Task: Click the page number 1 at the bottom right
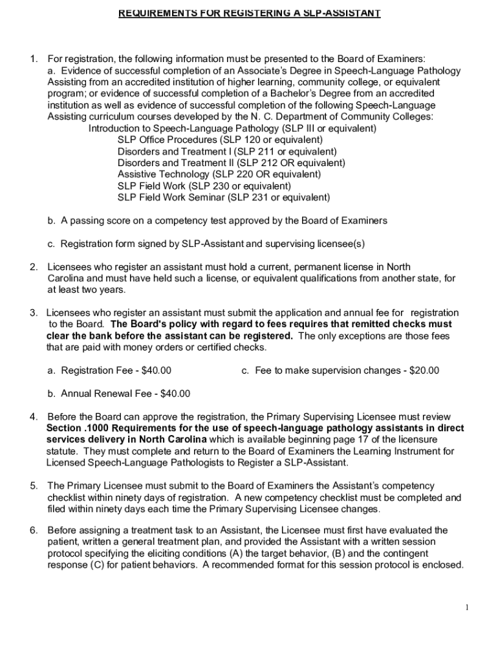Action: pos(467,607)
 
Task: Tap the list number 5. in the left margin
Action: pos(34,486)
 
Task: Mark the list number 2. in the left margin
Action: pos(34,267)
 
